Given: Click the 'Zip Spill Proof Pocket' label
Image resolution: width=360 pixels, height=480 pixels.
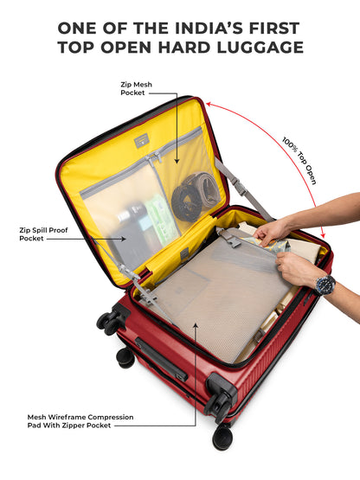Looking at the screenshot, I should pos(38,234).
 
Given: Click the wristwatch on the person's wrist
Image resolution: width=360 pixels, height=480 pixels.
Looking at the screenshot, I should pos(325,285).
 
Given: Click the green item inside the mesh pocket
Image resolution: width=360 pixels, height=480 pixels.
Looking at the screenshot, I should pos(162,220).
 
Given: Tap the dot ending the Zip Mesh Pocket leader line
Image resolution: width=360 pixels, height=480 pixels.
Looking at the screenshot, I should pos(177,160).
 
